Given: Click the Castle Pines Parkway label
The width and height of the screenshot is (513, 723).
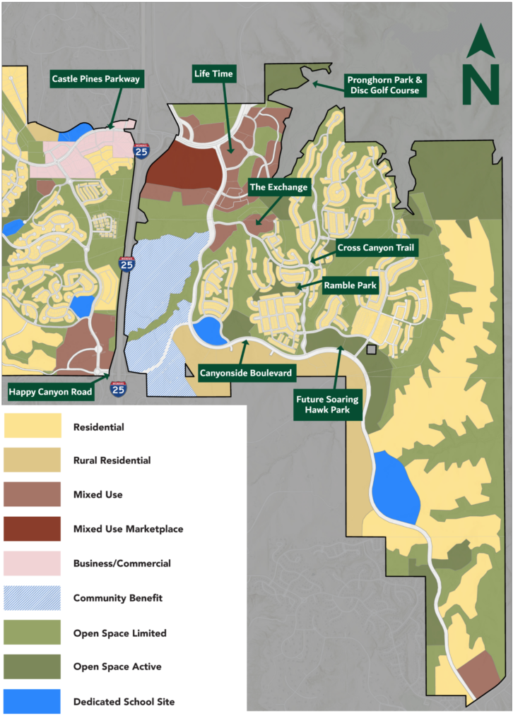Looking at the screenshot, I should pyautogui.click(x=96, y=78).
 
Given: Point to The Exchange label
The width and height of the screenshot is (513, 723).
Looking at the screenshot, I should pyautogui.click(x=279, y=187).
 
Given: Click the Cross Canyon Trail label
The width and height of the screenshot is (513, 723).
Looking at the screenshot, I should pyautogui.click(x=377, y=248).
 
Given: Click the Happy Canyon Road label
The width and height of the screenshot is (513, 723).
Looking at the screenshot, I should pyautogui.click(x=50, y=390).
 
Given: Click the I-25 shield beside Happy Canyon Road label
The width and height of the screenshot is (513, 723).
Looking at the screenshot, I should pyautogui.click(x=118, y=388).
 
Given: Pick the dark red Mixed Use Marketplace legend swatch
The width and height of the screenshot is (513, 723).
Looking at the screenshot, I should pyautogui.click(x=32, y=528).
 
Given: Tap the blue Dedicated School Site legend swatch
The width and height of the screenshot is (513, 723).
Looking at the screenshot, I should pyautogui.click(x=32, y=701).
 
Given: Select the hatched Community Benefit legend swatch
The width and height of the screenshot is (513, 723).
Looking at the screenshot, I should pyautogui.click(x=32, y=597).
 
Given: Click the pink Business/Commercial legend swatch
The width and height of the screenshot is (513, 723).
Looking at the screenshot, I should pyautogui.click(x=32, y=563).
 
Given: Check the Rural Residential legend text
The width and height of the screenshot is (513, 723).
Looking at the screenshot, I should pyautogui.click(x=112, y=460).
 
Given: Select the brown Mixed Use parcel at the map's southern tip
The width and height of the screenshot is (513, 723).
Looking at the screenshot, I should pyautogui.click(x=479, y=671).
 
